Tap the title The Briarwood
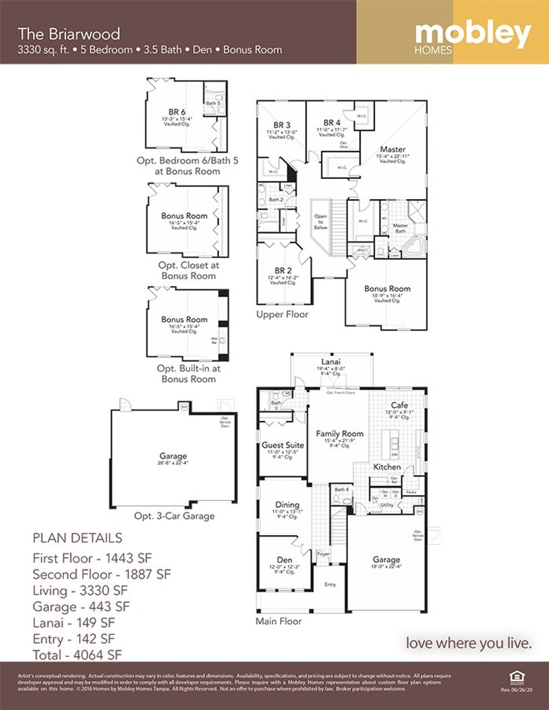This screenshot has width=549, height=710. click(69, 34)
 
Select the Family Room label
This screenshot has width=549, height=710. click(339, 434)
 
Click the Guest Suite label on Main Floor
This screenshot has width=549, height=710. click(283, 445)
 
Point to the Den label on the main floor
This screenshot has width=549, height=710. click(284, 560)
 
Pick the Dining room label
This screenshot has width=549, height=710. click(287, 504)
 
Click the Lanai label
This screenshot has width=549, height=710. click(331, 362)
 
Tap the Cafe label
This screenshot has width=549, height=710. click(399, 405)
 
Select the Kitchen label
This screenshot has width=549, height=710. click(387, 467)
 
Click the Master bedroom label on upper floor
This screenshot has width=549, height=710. click(392, 149)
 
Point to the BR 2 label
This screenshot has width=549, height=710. click(283, 270)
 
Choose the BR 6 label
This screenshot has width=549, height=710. click(177, 112)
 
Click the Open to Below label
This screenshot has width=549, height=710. click(320, 222)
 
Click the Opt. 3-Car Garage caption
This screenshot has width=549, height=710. click(174, 516)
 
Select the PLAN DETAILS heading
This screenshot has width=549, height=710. click(77, 538)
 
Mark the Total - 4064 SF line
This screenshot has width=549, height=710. click(77, 655)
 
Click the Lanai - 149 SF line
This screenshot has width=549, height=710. click(74, 623)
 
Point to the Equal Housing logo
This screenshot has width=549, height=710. click(516, 677)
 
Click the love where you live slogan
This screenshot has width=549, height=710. click(468, 643)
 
